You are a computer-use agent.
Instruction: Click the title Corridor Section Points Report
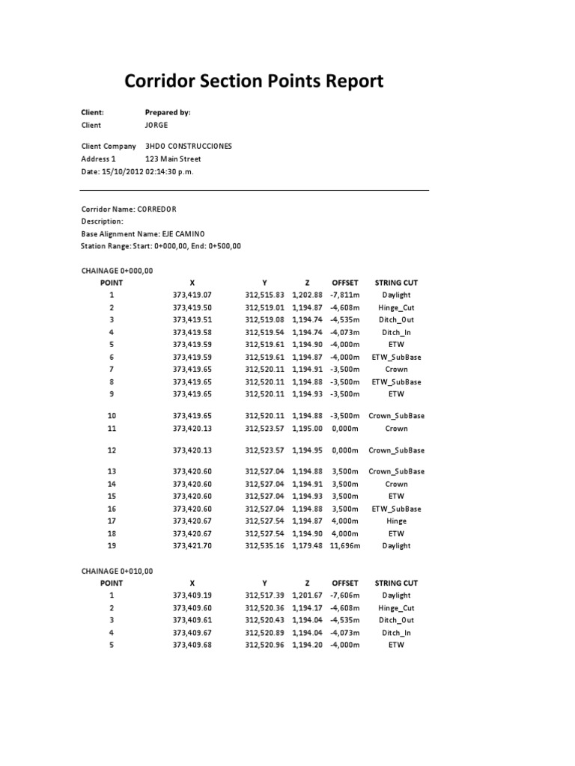pos(253,81)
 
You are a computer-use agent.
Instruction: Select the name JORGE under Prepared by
pos(156,125)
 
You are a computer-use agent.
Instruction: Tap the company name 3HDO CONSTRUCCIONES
pos(188,146)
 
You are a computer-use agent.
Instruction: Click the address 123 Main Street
pos(172,159)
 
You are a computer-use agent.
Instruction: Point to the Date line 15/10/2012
pos(137,171)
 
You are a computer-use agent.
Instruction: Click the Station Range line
pos(161,245)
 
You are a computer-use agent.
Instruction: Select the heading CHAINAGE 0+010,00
pos(117,571)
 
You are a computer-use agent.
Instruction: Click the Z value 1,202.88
pos(307,295)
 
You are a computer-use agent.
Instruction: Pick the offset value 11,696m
pos(345,546)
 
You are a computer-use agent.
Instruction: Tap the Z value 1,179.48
pos(307,546)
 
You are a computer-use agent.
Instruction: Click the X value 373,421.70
pos(192,546)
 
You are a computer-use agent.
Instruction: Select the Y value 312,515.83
pos(265,295)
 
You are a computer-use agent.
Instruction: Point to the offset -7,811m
pos(345,295)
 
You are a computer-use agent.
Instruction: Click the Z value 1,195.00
pos(307,429)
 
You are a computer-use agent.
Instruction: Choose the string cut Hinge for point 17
pos(396,521)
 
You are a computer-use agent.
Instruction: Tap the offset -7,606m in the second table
pos(345,595)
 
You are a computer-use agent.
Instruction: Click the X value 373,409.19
pos(192,595)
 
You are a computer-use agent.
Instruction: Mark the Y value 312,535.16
pos(265,546)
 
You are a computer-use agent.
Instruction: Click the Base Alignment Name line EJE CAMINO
pos(141,233)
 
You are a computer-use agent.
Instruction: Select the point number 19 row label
pos(112,546)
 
